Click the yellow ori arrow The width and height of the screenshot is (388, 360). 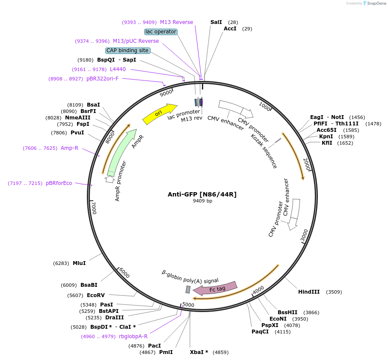coord(159,114)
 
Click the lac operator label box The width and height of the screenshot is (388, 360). coord(161,32)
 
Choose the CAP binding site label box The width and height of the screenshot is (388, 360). coord(127,51)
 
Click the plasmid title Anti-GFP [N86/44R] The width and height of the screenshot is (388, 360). coord(202,194)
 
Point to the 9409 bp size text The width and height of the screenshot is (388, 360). coord(202,201)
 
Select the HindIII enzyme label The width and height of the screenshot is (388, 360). coord(309,292)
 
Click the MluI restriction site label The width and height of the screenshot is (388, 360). coord(79,263)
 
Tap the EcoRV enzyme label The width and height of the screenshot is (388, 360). coord(96,295)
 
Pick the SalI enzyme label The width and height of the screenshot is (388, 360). coord(216,22)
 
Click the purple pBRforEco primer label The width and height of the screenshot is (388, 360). coord(59,183)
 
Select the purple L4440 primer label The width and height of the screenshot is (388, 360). coord(118,69)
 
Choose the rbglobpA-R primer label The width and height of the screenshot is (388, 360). coord(133,336)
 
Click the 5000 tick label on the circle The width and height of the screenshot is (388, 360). coord(188,305)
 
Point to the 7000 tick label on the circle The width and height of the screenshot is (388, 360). coord(94,208)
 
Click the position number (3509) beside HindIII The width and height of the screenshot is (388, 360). coord(334,292)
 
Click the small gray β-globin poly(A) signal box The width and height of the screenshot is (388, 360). coord(188,290)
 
